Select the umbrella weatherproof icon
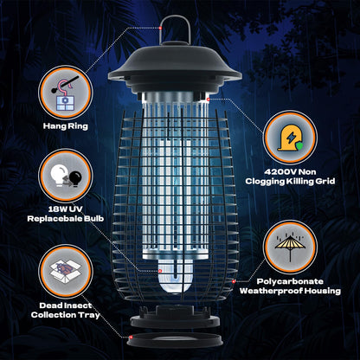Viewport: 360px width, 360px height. coord(292,246)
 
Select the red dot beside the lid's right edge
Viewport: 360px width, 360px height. coord(209,100)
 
